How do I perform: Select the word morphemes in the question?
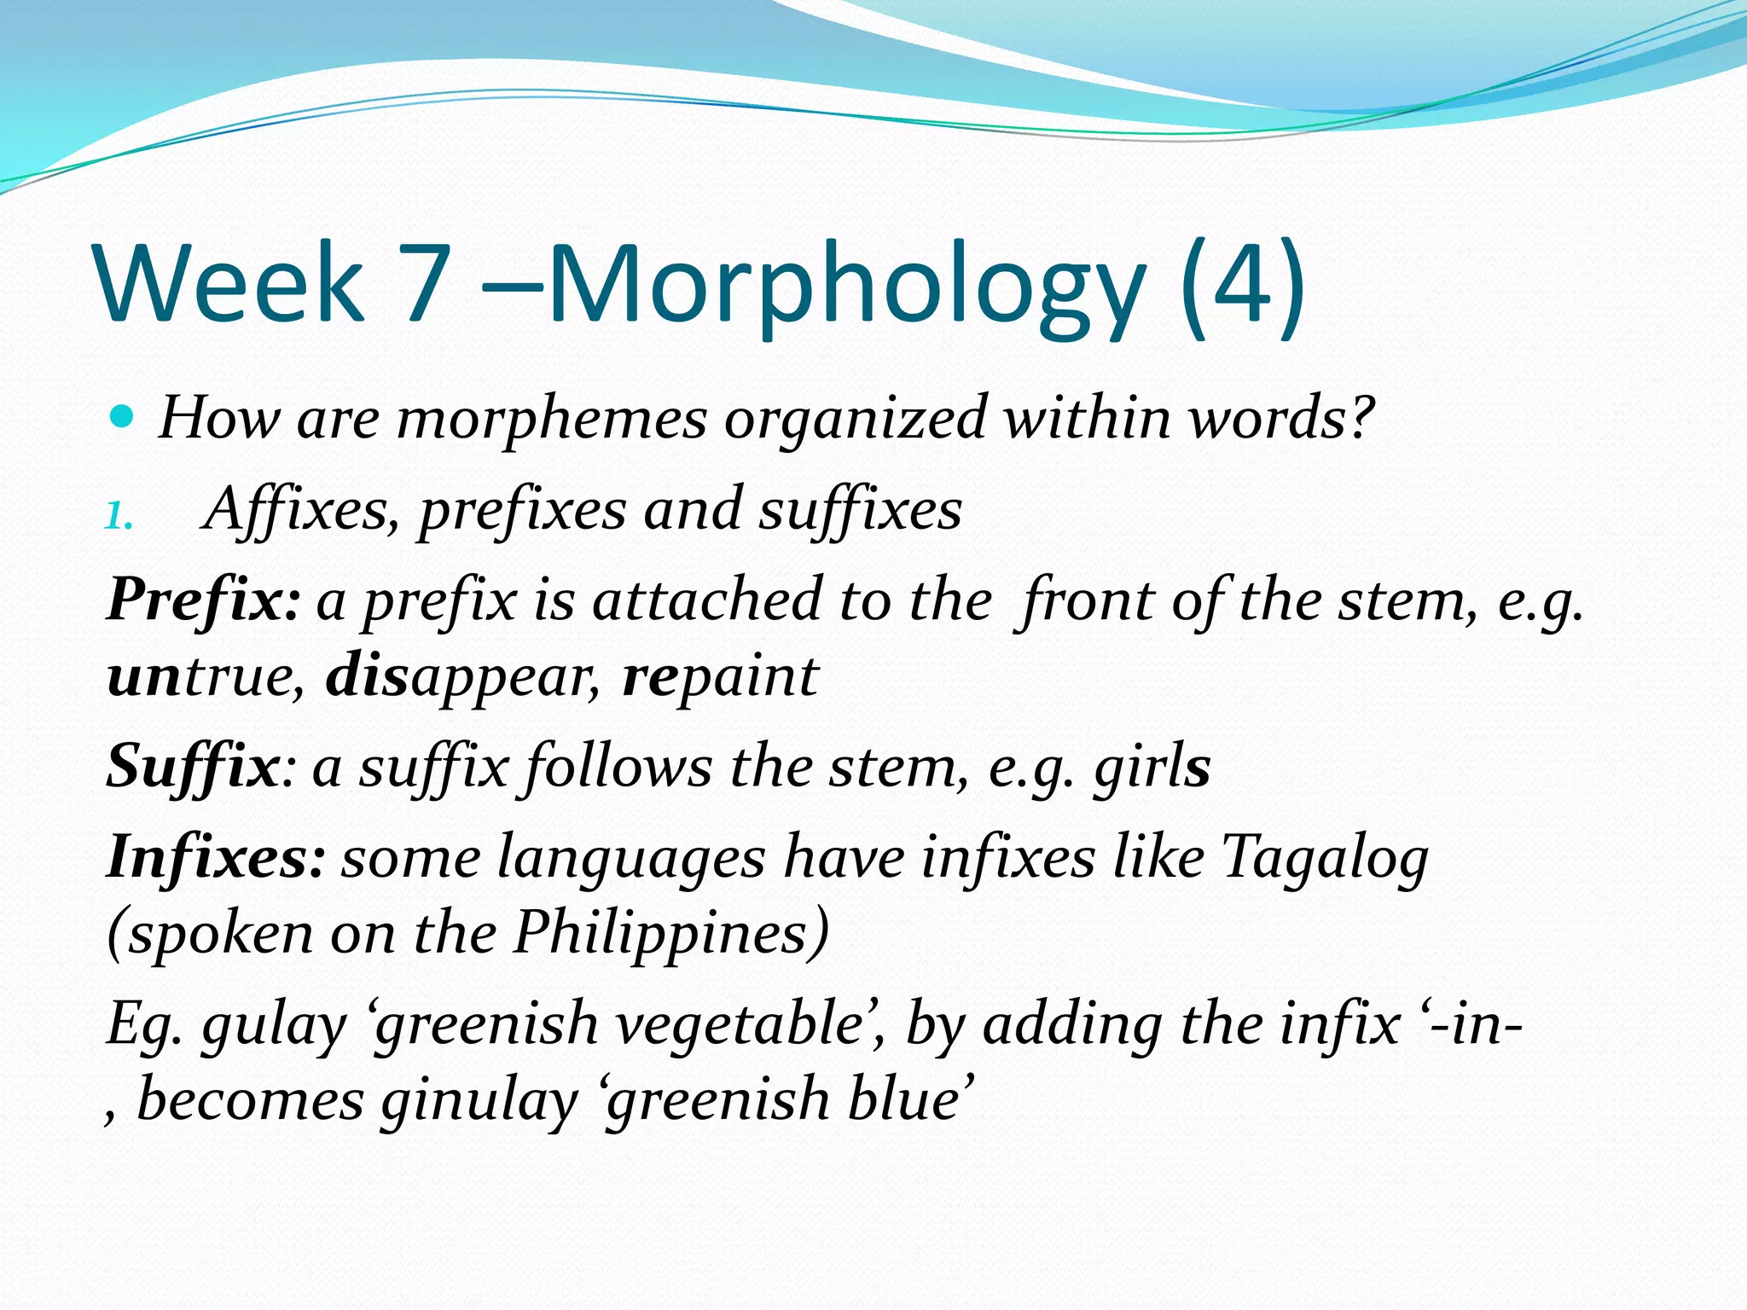[x=552, y=420]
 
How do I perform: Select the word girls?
[x=1152, y=767]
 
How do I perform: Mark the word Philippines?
[x=670, y=933]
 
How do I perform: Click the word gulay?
[x=274, y=1024]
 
